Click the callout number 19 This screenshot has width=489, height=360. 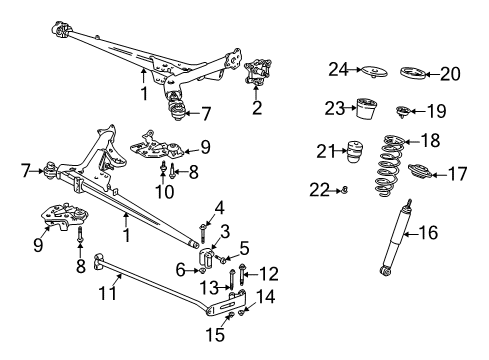437,113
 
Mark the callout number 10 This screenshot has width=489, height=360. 165,190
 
